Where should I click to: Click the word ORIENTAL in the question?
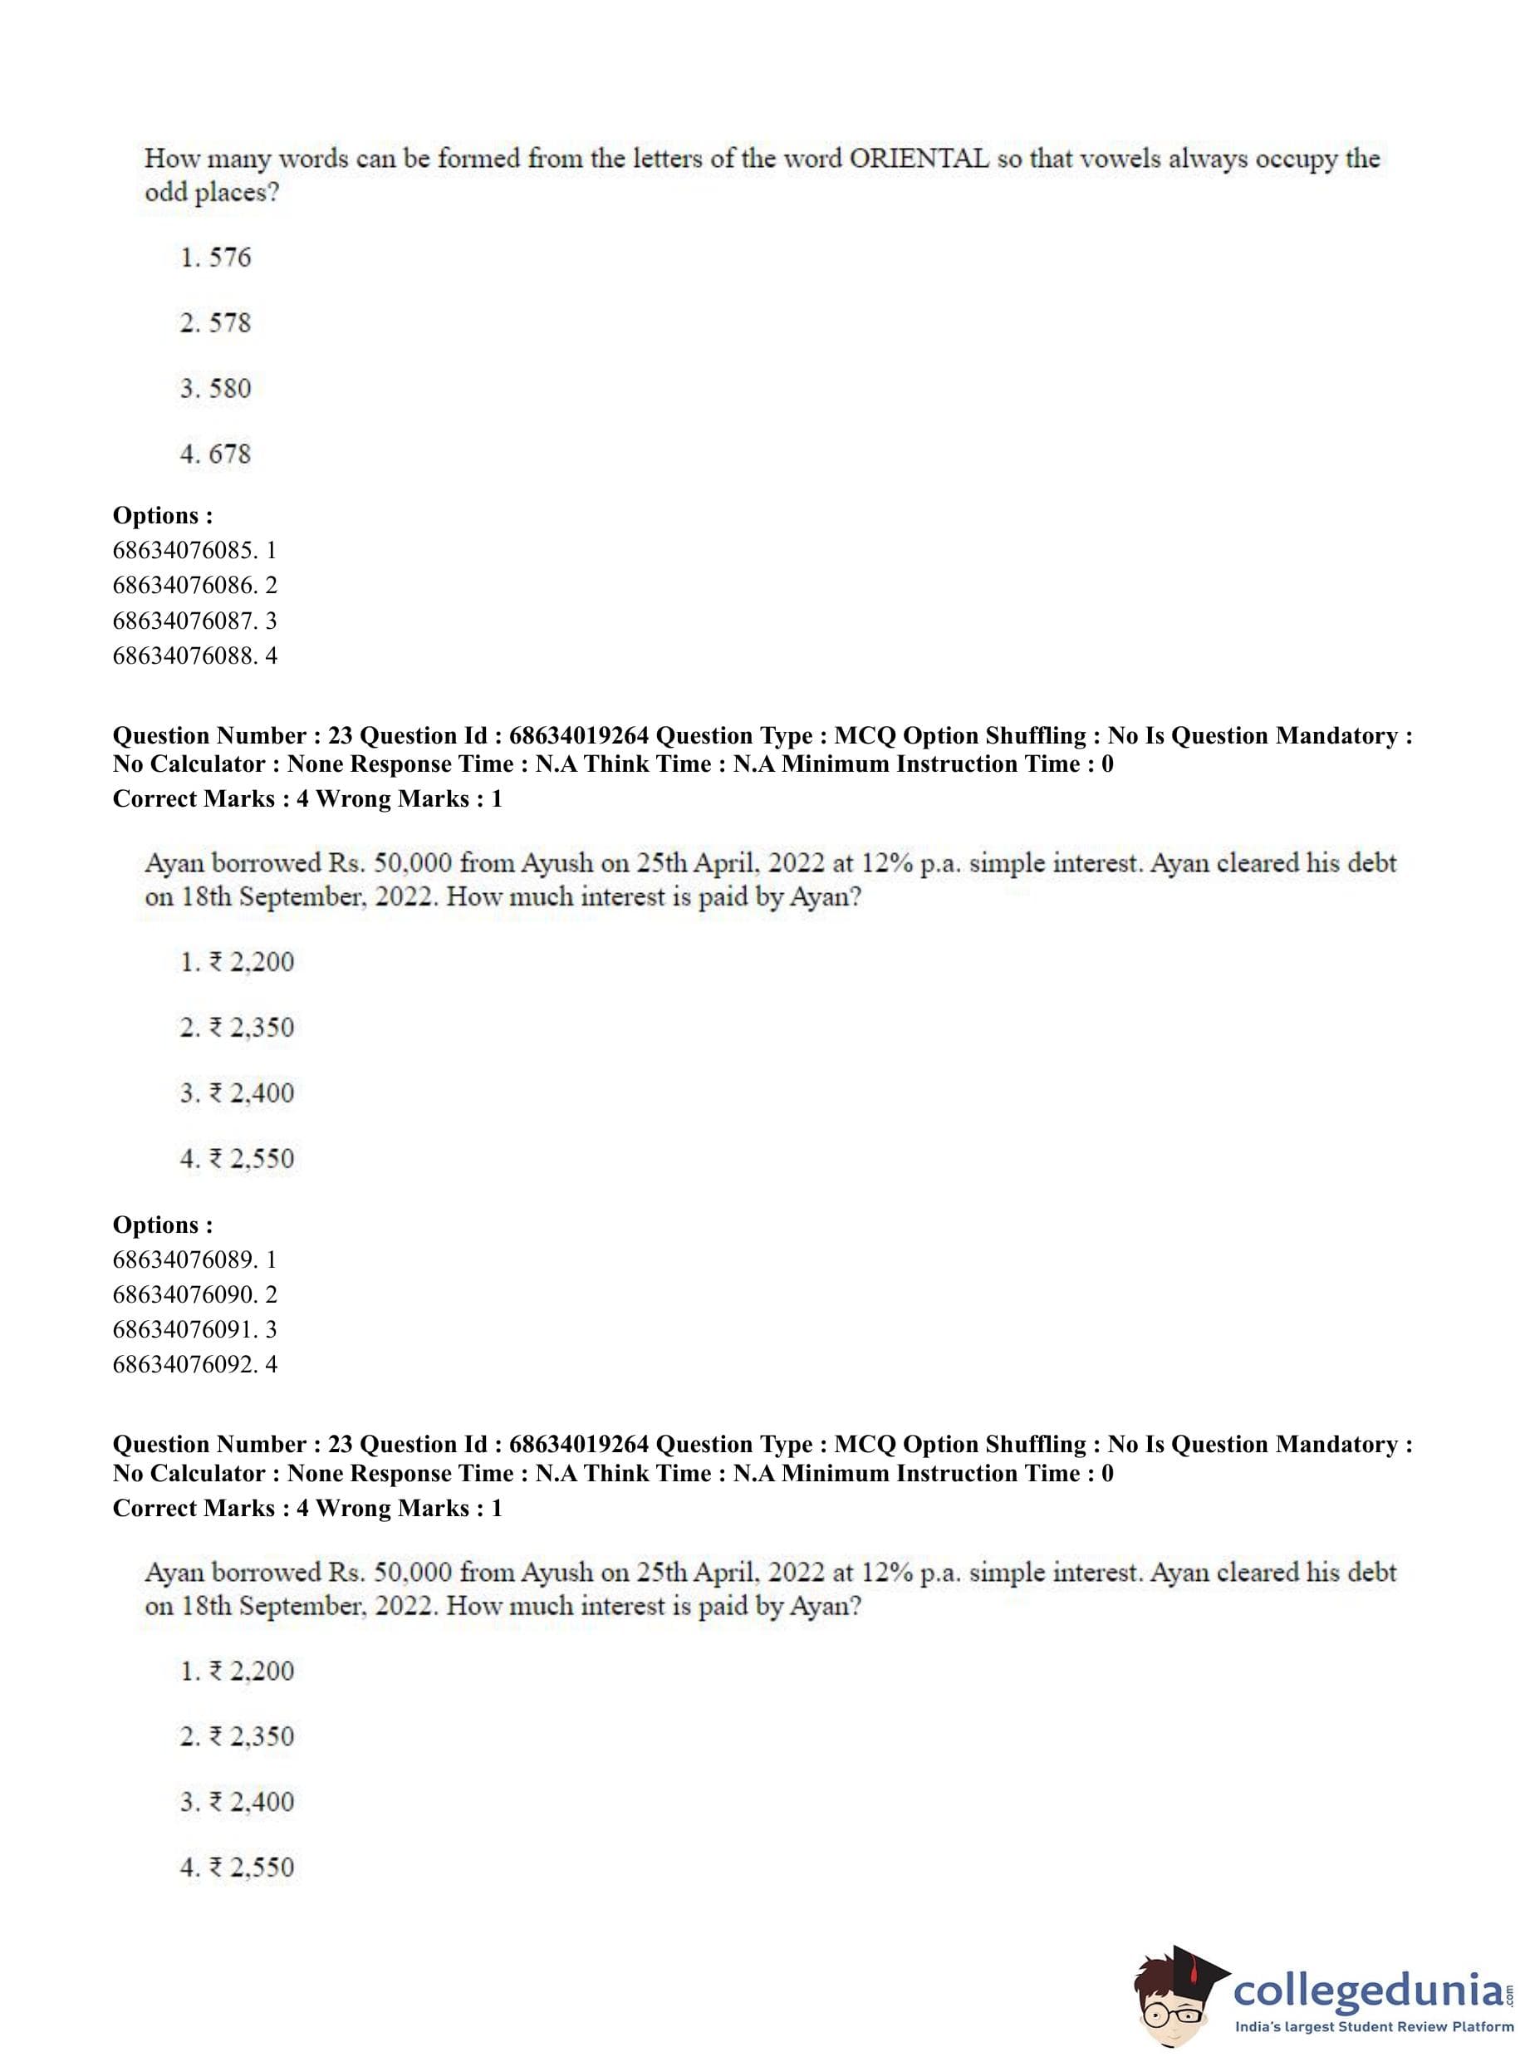(x=918, y=159)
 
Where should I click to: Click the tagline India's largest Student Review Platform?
(x=1374, y=2027)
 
